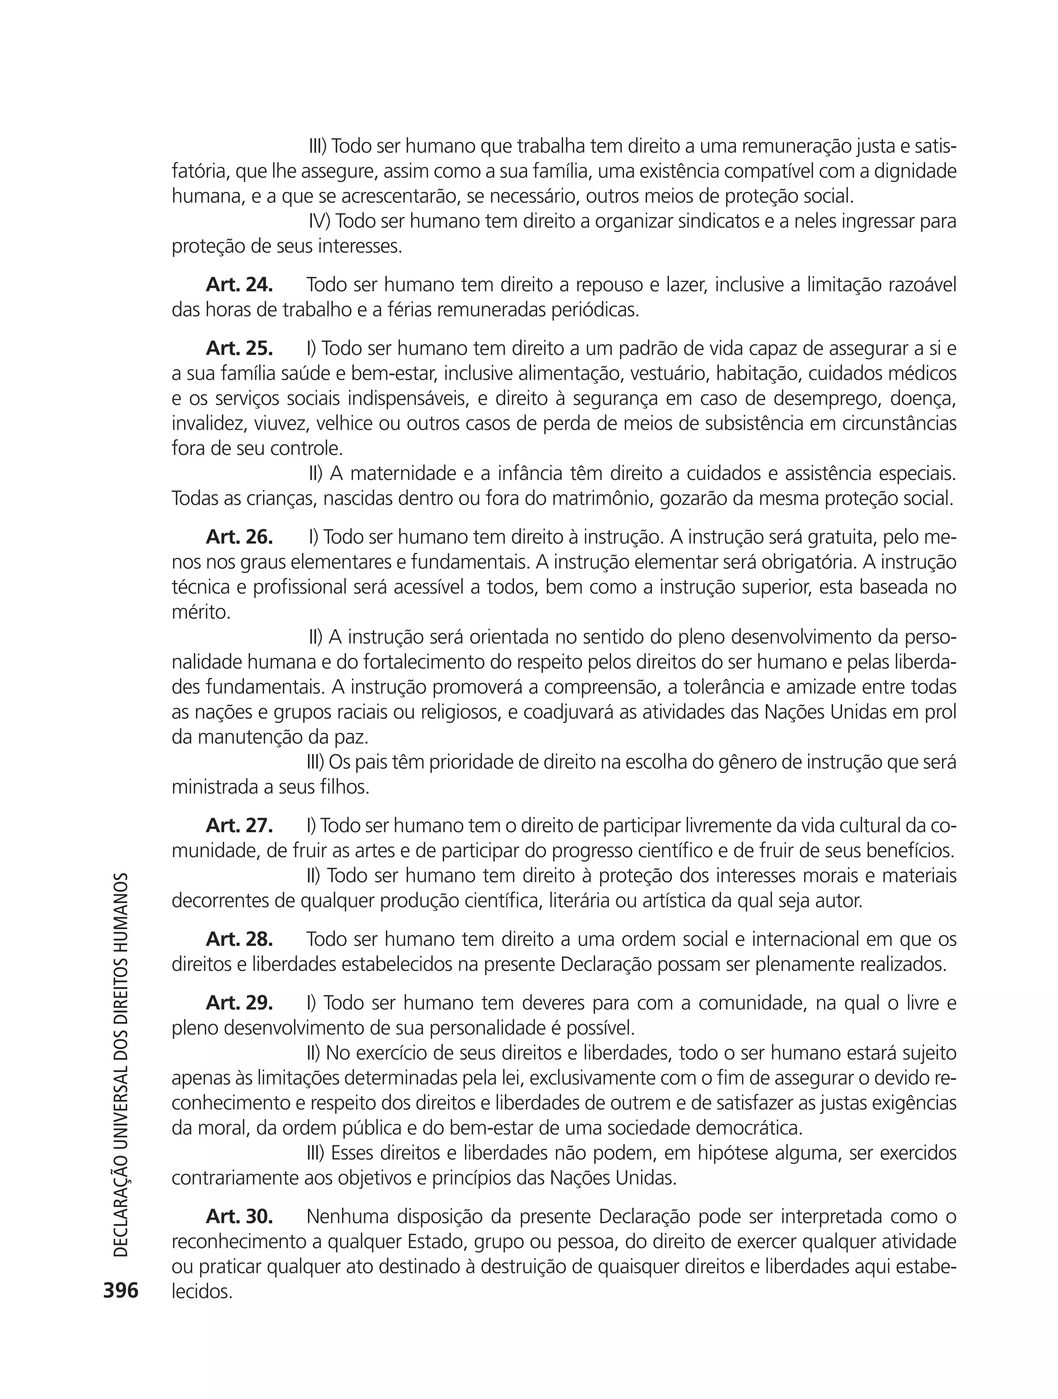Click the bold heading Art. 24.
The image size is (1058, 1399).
tap(239, 285)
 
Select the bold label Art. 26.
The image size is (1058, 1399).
tap(239, 538)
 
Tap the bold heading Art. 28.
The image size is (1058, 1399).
tap(239, 939)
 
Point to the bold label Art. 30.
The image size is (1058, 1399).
tap(239, 1216)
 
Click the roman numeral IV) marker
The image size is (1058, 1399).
tap(320, 222)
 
